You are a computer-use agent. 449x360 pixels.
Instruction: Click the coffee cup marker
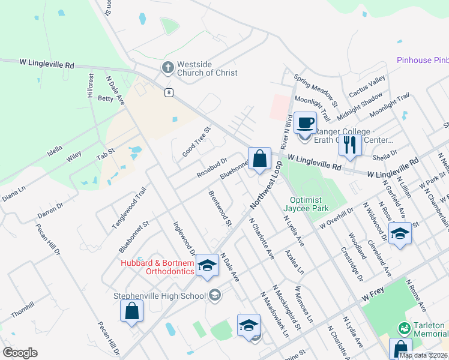pos(305,123)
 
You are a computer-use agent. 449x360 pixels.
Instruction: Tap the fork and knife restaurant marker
pos(351,144)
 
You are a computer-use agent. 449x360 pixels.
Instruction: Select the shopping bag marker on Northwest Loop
pos(259,159)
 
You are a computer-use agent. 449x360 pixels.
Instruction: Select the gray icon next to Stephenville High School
pos(215,295)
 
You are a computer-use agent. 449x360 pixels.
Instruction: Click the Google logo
pos(20,353)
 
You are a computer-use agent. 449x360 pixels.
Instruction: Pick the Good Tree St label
pos(197,142)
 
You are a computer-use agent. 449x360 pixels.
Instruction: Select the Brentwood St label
pos(220,208)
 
